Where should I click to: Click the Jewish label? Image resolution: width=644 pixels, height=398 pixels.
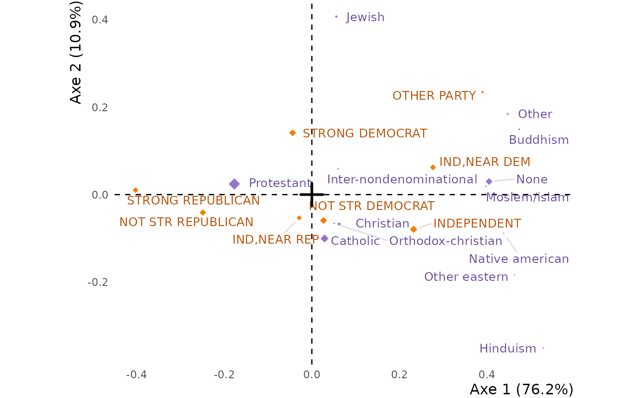click(x=365, y=17)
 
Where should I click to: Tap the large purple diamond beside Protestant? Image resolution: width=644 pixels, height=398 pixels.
click(x=234, y=184)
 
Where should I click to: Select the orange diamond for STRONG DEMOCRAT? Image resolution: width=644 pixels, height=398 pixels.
click(x=293, y=133)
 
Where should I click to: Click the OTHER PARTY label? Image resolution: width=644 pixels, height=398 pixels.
click(x=434, y=96)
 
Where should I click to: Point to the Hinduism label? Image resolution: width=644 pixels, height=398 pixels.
click(x=508, y=349)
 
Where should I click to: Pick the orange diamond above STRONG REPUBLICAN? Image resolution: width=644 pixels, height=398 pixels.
click(x=136, y=190)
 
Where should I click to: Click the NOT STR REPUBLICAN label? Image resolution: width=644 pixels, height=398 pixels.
click(x=186, y=222)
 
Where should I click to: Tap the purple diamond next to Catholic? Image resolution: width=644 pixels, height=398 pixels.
click(x=325, y=239)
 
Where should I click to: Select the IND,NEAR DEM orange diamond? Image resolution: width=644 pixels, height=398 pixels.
click(x=433, y=167)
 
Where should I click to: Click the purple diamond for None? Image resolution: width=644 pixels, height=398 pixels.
click(x=489, y=182)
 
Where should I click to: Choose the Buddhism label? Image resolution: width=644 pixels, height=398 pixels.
click(x=539, y=140)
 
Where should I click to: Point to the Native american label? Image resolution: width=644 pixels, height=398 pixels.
click(x=519, y=259)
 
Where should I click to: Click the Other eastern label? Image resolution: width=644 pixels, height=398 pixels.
click(x=466, y=277)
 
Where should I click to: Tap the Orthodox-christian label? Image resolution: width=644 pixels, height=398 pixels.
click(x=446, y=241)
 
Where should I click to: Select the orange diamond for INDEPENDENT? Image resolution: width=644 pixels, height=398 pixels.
click(x=414, y=229)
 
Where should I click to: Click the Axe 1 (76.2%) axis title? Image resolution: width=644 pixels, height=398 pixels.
click(x=522, y=389)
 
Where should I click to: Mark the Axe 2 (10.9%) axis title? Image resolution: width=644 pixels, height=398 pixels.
click(x=75, y=52)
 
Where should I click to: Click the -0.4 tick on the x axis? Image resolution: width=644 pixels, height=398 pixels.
click(x=136, y=375)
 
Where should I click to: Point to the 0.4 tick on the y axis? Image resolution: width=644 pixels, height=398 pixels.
click(x=100, y=20)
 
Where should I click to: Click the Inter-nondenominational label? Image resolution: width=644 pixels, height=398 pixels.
click(x=402, y=180)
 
